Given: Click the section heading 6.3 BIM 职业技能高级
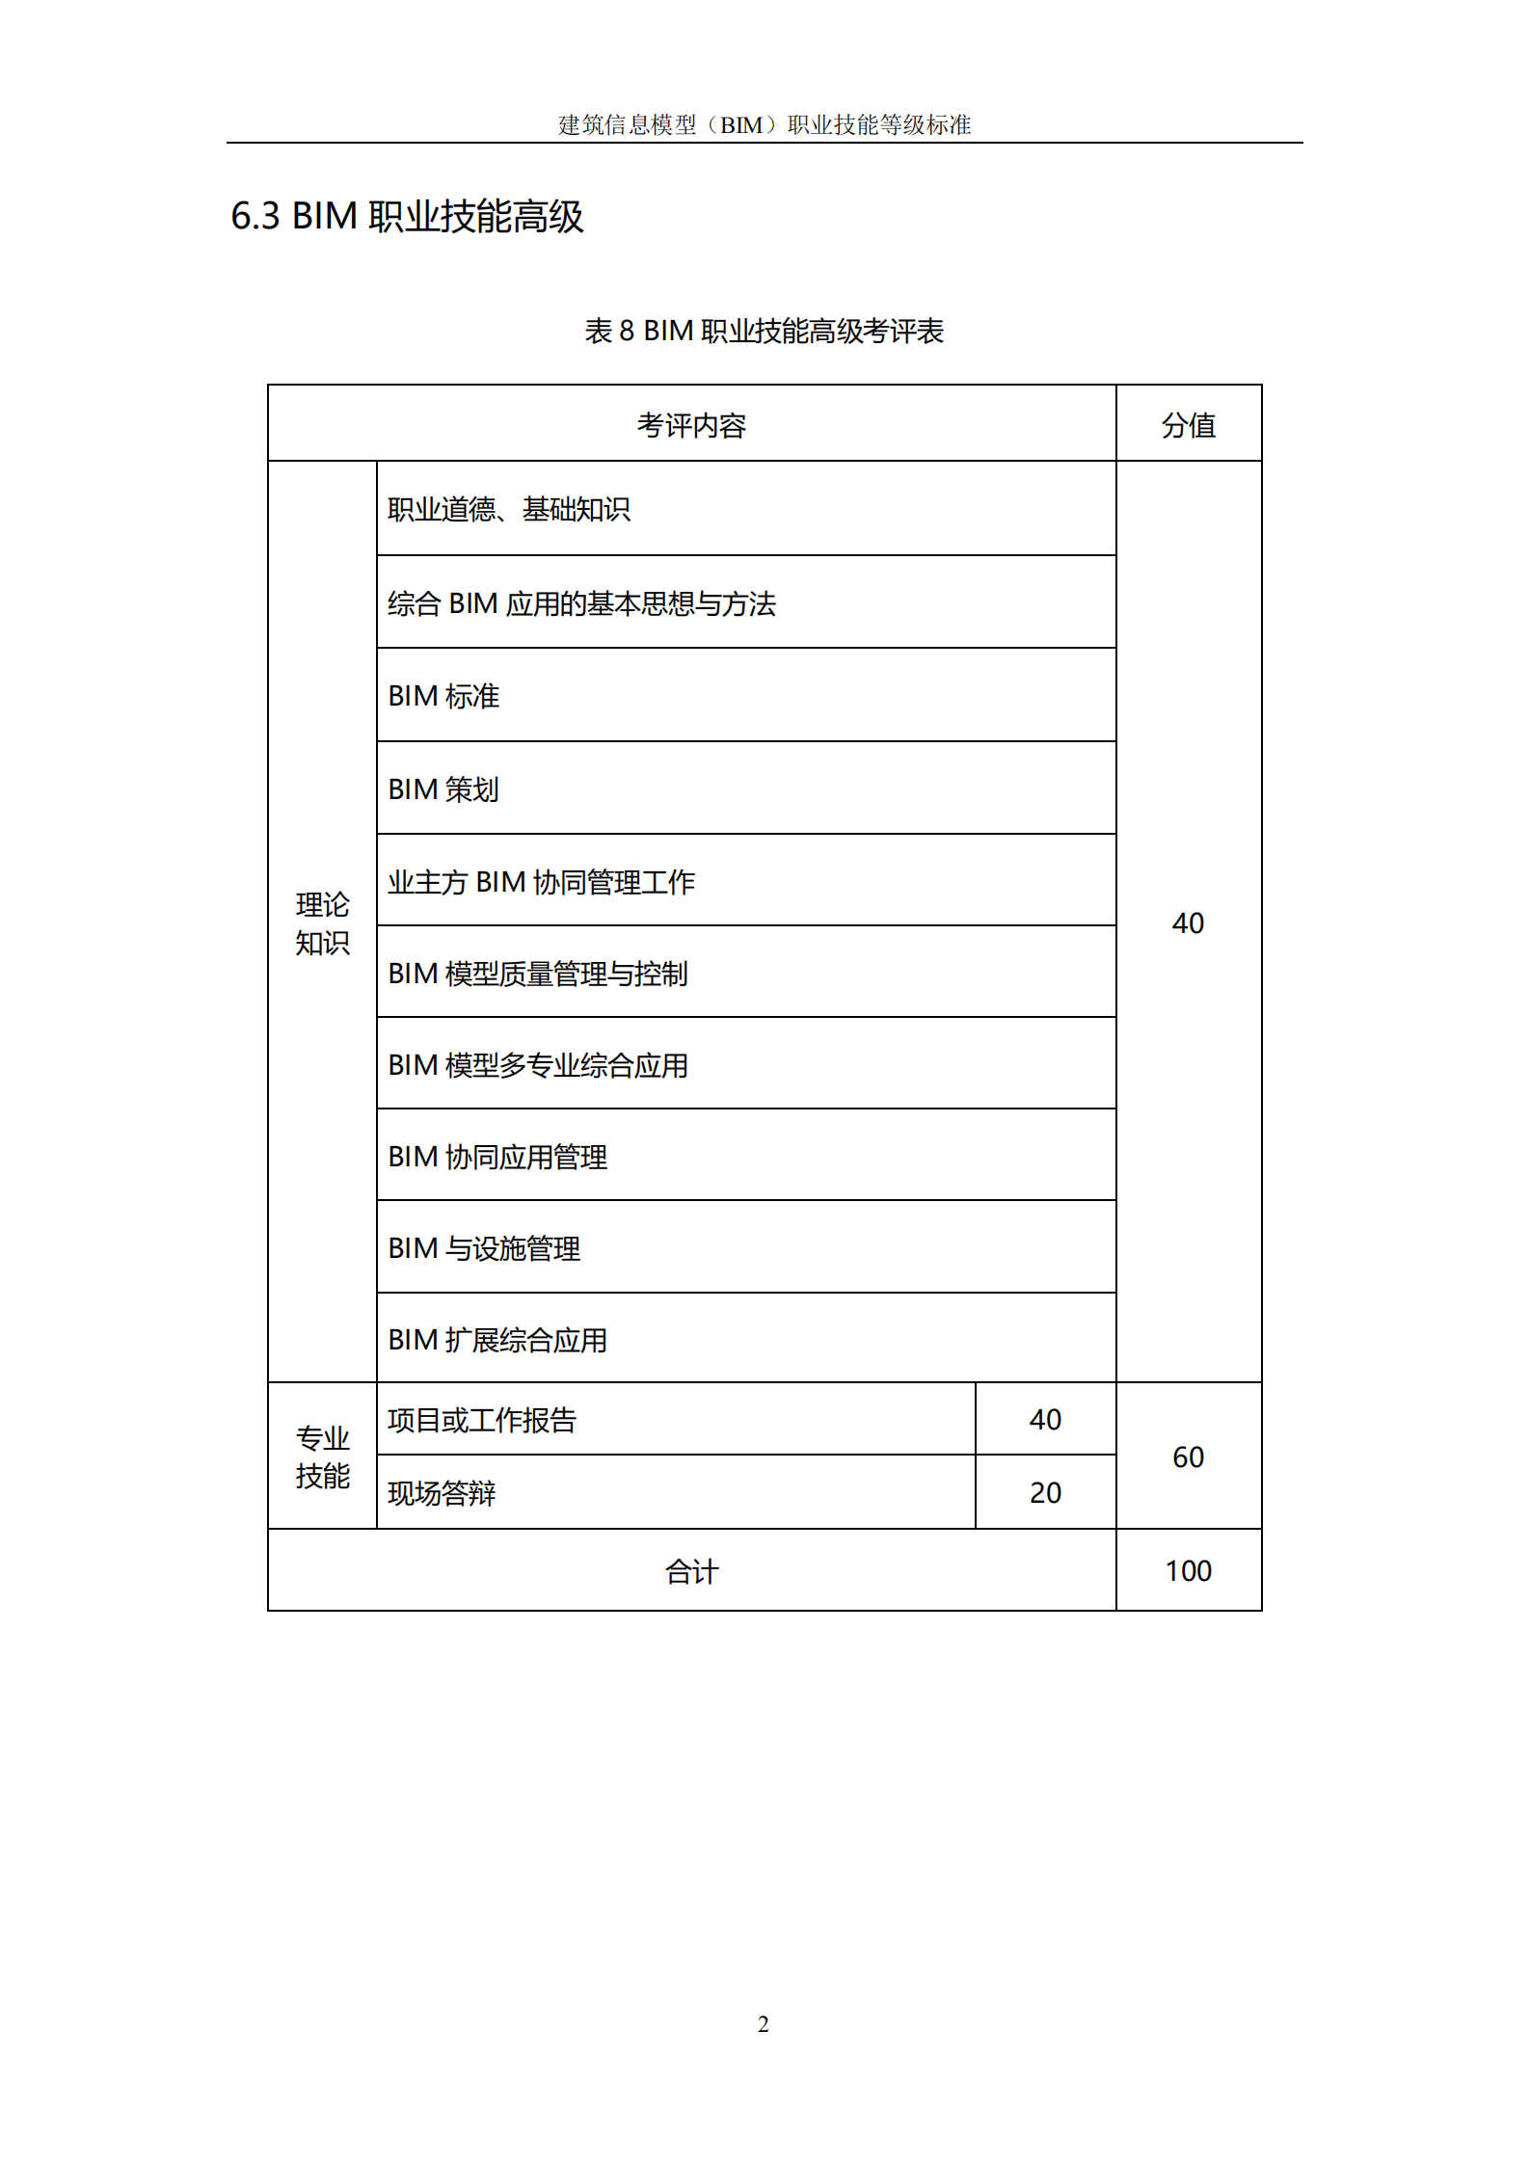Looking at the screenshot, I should click(407, 216).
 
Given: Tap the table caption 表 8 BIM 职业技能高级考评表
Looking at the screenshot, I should click(764, 331).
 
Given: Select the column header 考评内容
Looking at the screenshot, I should click(691, 425).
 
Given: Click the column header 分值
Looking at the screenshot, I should click(1188, 425).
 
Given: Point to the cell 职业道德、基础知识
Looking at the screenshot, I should click(509, 509).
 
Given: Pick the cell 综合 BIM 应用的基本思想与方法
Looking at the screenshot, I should click(581, 603).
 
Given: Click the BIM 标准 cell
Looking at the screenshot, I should click(443, 696).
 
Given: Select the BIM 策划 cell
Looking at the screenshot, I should click(443, 789).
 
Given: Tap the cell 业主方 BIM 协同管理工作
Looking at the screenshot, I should click(541, 882).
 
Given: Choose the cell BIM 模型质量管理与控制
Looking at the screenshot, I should click(538, 974).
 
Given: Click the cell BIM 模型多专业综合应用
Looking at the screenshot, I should click(538, 1065).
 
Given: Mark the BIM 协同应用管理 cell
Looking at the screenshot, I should click(497, 1157).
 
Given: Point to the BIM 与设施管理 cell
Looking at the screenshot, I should click(484, 1248).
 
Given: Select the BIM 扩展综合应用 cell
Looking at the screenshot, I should click(497, 1340).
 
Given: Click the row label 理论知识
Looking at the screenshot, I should click(322, 923).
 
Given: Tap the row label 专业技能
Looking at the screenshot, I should click(322, 1456).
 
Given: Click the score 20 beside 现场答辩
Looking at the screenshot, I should click(1045, 1493).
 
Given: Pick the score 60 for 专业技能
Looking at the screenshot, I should click(1188, 1456).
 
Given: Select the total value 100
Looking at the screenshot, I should click(1188, 1571).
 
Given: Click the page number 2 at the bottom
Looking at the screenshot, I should click(764, 2024).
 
